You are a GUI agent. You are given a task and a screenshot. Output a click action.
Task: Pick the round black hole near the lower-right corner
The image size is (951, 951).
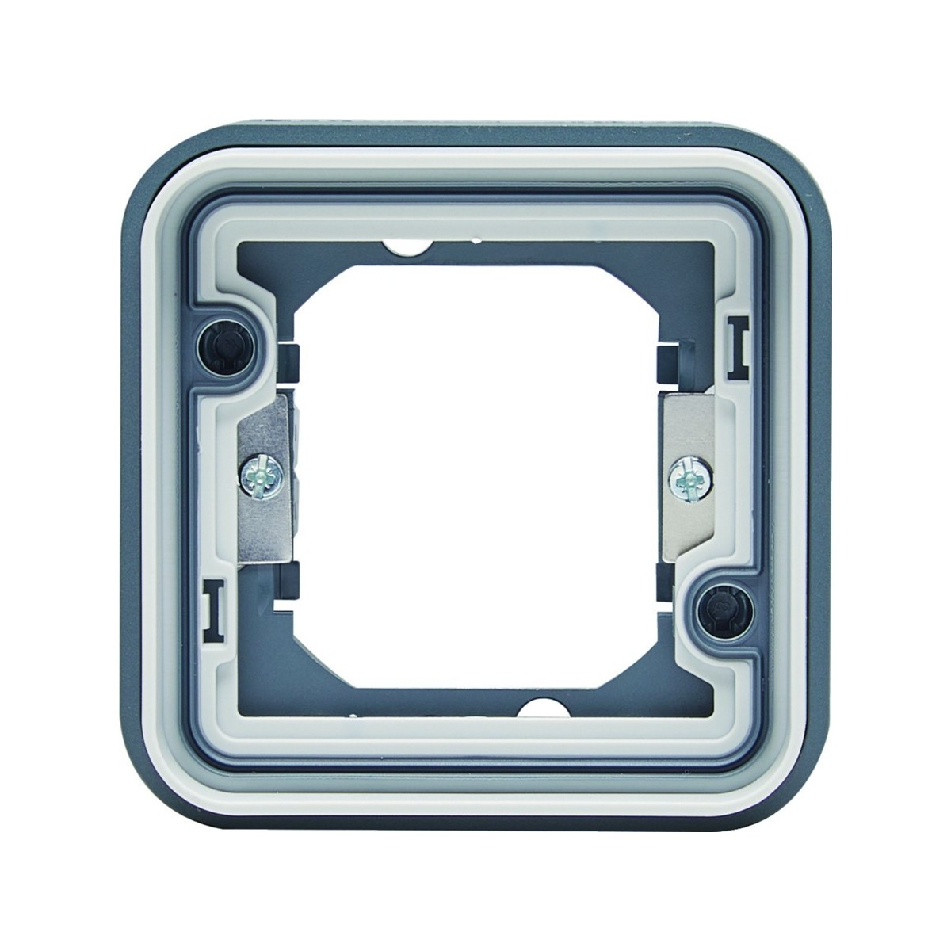[721, 606]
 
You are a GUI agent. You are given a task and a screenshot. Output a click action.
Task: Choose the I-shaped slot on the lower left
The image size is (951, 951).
[212, 608]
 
